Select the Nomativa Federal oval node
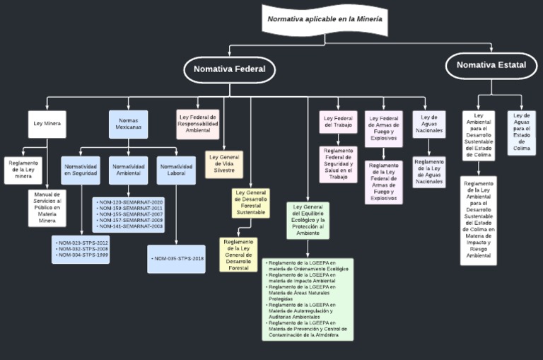pyautogui.click(x=230, y=69)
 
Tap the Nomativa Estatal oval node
pyautogui.click(x=491, y=65)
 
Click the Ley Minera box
pyautogui.click(x=47, y=124)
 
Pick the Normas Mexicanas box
pyautogui.click(x=128, y=124)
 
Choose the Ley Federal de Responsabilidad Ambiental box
pyautogui.click(x=198, y=123)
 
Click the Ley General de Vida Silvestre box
pyautogui.click(x=223, y=164)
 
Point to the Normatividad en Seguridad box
pyautogui.click(x=80, y=170)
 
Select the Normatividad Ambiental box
pyautogui.click(x=128, y=170)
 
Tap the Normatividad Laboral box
pyautogui.click(x=175, y=170)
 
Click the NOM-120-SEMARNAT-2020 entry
pyautogui.click(x=129, y=202)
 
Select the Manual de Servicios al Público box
pyautogui.click(x=47, y=207)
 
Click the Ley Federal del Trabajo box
pyautogui.click(x=338, y=122)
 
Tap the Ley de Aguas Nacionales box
pyautogui.click(x=429, y=124)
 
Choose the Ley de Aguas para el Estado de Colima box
pyautogui.click(x=522, y=132)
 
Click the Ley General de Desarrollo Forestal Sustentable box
pyautogui.click(x=251, y=202)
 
